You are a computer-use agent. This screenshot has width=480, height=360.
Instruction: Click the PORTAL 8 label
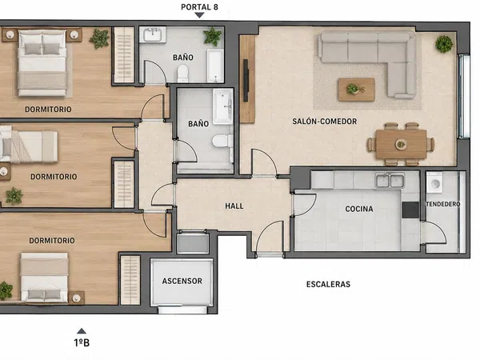[x=199, y=7]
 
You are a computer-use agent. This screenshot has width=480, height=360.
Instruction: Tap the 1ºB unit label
[x=82, y=342]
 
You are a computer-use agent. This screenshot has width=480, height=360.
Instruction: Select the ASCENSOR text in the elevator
[x=182, y=281]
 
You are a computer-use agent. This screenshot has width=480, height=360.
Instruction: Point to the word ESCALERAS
[x=328, y=284]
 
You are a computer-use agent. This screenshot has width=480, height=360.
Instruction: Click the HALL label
[x=234, y=206]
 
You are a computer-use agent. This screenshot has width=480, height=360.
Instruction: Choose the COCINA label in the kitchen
[x=359, y=209]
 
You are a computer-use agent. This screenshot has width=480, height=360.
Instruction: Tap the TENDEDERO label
[x=443, y=204]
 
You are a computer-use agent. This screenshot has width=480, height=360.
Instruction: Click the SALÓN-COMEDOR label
[x=325, y=122]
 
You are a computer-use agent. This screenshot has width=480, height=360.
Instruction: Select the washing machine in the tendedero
[x=434, y=182]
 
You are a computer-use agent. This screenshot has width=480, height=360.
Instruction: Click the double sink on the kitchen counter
[x=390, y=180]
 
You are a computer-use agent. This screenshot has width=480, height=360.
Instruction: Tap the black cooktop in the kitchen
[x=410, y=210]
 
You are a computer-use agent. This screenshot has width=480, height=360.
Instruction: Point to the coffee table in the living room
[x=356, y=90]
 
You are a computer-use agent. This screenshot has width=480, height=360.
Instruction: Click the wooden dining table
[x=401, y=144]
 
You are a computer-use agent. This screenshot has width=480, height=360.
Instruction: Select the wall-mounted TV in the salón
[x=246, y=81]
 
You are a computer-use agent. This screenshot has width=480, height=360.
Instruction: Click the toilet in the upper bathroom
[x=182, y=74]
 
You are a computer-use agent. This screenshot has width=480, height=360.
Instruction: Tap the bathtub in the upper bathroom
[x=215, y=66]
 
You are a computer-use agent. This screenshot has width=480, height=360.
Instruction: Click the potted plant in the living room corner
[x=444, y=44]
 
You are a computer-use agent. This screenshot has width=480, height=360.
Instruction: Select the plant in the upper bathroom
[x=213, y=37]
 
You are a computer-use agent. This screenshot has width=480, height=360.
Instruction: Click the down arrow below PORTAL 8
[x=199, y=15]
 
